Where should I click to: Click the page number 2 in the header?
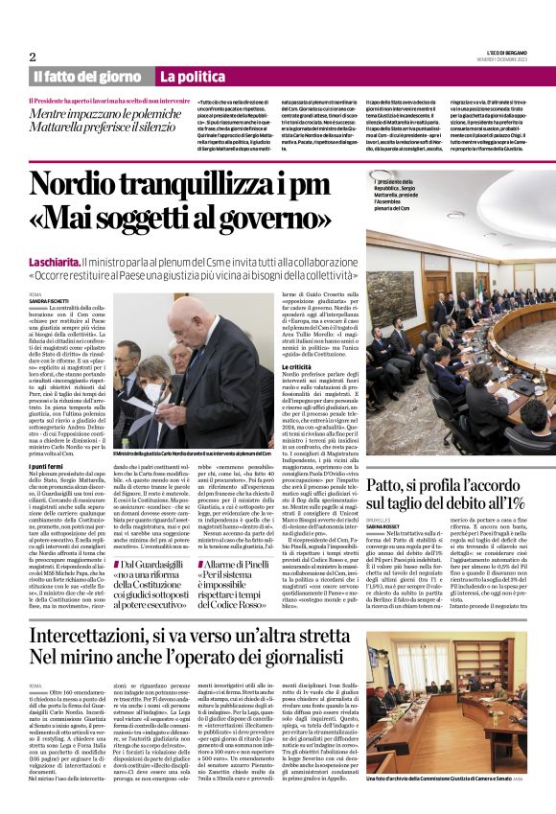(33, 57)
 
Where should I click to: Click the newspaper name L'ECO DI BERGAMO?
(499, 52)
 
